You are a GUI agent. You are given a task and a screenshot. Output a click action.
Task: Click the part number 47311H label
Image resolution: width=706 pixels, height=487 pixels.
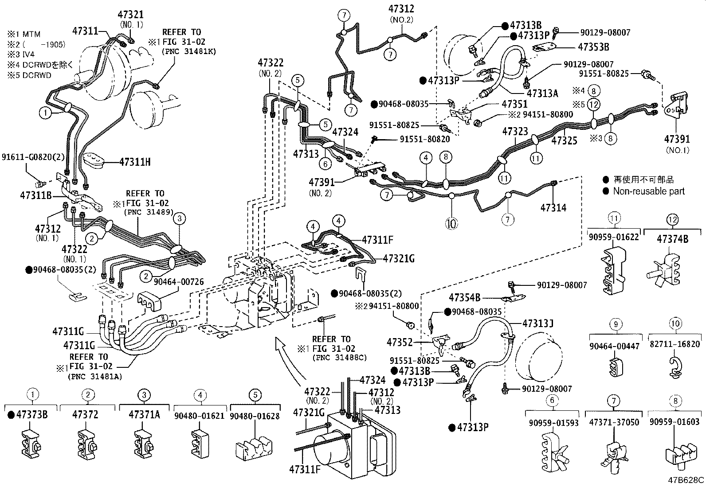coord(135,162)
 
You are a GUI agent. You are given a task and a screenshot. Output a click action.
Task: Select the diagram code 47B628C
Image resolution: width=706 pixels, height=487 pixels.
coord(686,480)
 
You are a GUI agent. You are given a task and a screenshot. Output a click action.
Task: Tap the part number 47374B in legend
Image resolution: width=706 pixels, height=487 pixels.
coord(673,239)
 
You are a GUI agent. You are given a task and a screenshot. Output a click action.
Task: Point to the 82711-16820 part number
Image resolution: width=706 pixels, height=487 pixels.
coord(676,344)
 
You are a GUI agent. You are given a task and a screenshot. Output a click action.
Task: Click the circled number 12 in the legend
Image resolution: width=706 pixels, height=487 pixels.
coord(673,218)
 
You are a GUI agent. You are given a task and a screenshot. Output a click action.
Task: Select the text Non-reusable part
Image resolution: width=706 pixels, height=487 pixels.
coord(649,191)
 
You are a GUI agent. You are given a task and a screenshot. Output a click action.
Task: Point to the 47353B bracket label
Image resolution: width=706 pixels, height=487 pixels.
coord(593,47)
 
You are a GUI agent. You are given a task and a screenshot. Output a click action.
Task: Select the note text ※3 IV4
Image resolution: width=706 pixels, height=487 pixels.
coord(20,54)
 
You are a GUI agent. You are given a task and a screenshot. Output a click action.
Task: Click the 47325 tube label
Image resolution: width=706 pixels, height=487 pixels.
coord(564,140)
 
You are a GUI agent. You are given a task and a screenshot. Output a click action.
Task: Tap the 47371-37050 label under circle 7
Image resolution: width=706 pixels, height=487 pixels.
coord(614,422)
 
